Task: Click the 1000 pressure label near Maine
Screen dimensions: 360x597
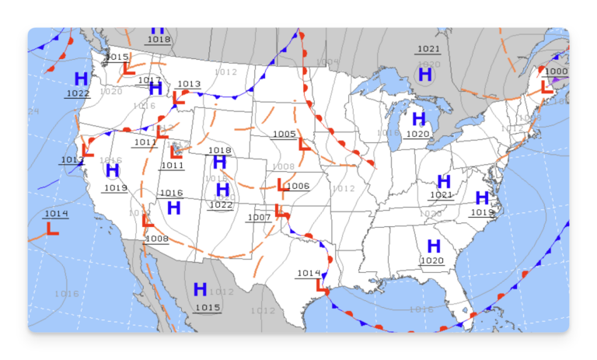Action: click(x=557, y=72)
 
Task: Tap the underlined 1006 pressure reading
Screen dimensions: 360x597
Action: click(x=298, y=186)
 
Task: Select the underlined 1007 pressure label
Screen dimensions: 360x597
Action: click(x=259, y=217)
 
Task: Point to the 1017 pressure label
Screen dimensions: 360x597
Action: click(x=149, y=80)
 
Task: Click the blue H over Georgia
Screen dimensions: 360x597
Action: click(x=434, y=246)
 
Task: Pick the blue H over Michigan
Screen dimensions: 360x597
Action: click(x=419, y=119)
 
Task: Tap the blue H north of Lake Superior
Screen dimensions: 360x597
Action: click(x=425, y=75)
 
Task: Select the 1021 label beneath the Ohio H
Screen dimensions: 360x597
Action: click(x=441, y=195)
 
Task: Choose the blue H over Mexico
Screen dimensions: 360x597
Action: click(x=200, y=289)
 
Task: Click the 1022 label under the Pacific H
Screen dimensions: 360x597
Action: click(x=78, y=93)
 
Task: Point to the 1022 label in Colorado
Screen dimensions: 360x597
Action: click(x=221, y=204)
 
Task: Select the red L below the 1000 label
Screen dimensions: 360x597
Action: click(x=546, y=87)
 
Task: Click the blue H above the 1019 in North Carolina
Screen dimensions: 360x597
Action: click(x=482, y=197)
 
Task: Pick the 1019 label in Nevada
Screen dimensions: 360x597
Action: click(x=115, y=187)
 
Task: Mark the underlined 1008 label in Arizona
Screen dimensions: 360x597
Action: click(x=156, y=239)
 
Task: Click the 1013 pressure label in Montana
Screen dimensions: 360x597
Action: click(x=189, y=84)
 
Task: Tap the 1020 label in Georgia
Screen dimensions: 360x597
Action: click(x=431, y=260)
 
